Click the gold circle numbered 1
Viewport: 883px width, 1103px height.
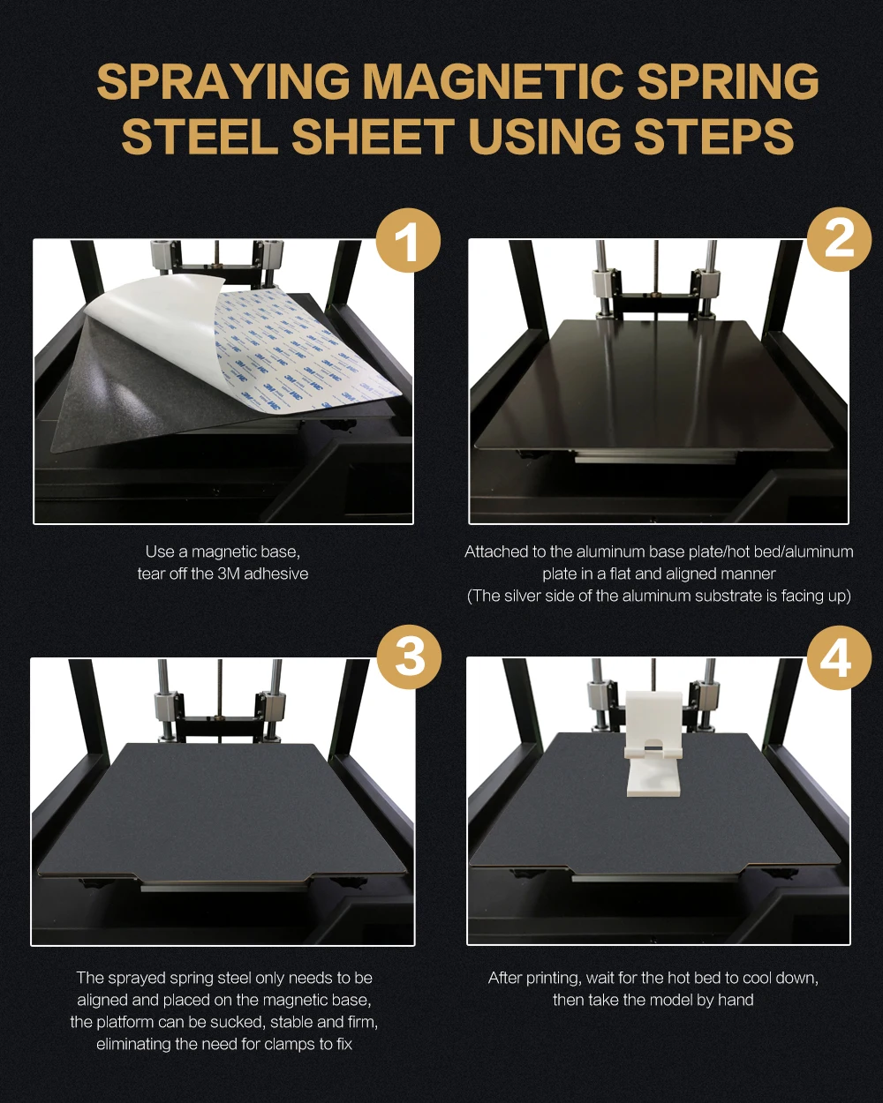(409, 240)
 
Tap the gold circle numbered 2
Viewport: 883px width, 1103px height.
(839, 239)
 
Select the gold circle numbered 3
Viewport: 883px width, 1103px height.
(410, 657)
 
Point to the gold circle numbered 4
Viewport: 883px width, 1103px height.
(839, 657)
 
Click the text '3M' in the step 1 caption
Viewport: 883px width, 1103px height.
(229, 574)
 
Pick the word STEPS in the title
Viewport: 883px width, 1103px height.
(713, 136)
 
